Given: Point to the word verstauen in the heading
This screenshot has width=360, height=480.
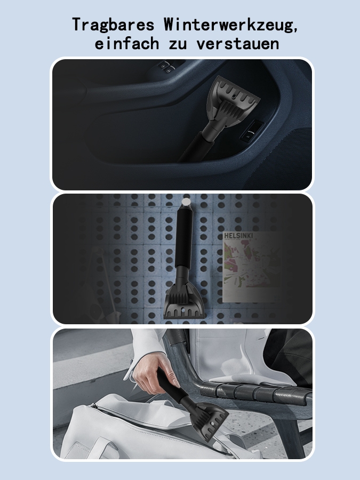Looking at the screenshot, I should (x=237, y=44).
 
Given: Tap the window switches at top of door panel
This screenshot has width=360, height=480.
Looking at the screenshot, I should (x=166, y=67).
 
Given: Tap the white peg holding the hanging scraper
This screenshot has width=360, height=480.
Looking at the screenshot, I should (x=185, y=202).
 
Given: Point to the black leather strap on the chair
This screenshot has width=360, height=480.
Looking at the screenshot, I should (x=245, y=392).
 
